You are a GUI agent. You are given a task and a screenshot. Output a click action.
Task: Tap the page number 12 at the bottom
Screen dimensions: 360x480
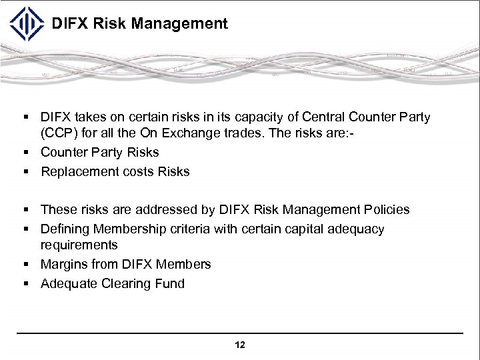click(240, 345)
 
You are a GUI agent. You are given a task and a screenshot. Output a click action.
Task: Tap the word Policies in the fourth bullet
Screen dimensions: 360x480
click(385, 209)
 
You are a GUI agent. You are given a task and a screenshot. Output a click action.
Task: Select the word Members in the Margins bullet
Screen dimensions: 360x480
click(185, 264)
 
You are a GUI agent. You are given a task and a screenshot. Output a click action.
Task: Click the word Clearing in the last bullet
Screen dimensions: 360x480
click(128, 283)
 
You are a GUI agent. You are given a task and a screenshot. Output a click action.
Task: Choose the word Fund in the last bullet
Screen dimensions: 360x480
click(171, 283)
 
